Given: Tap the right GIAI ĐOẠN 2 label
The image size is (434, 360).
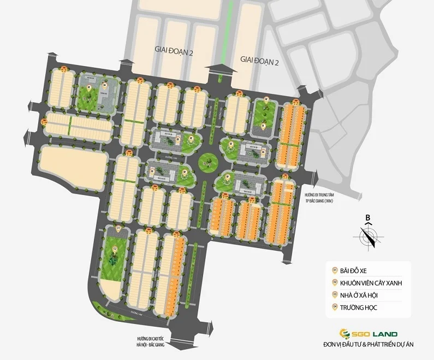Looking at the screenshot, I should click(259, 62).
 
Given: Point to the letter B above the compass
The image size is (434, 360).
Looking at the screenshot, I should click(368, 217).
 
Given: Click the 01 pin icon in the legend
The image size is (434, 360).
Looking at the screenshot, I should click(335, 270).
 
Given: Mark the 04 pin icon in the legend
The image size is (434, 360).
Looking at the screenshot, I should click(335, 308).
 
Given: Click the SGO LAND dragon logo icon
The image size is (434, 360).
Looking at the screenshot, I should click(344, 333).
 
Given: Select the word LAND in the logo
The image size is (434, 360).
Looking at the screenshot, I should click(385, 333).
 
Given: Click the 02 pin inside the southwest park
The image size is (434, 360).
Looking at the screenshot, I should click(115, 249).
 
